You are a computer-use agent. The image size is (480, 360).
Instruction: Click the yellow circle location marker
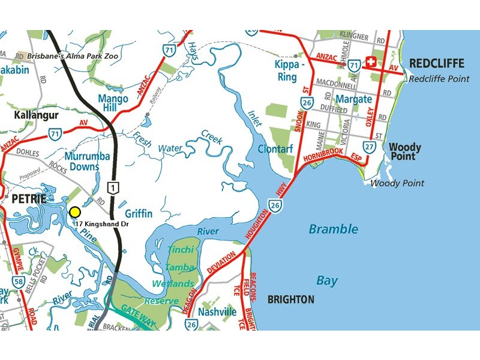tap(75, 212)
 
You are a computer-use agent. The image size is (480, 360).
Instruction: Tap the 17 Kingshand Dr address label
tap(103, 224)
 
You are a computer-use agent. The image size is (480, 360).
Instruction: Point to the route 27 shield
tap(370, 146)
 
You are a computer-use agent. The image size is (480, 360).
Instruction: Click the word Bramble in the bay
tap(334, 229)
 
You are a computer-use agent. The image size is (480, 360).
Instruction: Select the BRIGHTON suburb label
tap(290, 299)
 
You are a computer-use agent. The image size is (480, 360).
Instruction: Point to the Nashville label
tap(217, 312)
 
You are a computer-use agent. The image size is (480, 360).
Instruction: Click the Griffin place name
tap(139, 213)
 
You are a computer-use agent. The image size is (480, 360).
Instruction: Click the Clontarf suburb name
tap(275, 148)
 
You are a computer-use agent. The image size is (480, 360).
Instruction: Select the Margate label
tap(354, 99)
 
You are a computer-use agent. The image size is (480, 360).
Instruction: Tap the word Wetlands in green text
tap(173, 283)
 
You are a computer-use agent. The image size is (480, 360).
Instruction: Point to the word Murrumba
tap(88, 156)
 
